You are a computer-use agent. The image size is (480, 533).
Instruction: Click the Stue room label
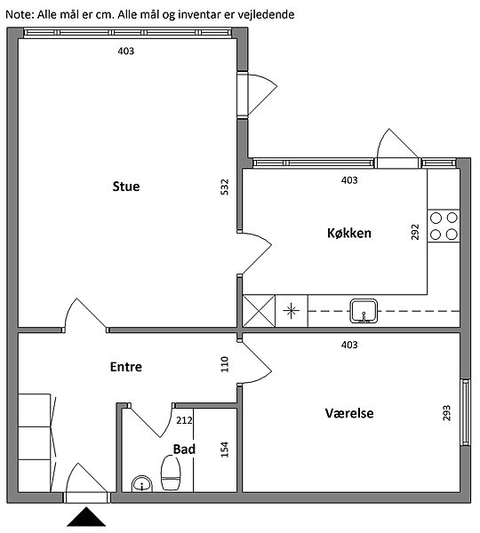click(126, 187)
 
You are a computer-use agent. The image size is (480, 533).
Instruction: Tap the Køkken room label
click(349, 233)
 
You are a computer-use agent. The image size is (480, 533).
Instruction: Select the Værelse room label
click(349, 413)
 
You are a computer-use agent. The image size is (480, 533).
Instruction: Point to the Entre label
click(126, 367)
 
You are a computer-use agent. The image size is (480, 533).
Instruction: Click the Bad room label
click(184, 449)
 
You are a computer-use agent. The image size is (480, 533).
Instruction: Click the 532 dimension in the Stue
click(225, 187)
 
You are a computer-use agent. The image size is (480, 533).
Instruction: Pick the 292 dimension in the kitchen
click(415, 232)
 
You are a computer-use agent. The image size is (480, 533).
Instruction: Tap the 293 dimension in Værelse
click(446, 413)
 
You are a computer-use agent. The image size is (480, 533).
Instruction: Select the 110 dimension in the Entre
click(225, 364)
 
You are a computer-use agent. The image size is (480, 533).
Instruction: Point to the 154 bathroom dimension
click(225, 449)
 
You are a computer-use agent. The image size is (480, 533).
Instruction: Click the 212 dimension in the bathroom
click(184, 420)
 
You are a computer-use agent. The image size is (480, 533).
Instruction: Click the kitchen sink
click(364, 311)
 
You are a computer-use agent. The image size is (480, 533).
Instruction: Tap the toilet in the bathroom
click(171, 473)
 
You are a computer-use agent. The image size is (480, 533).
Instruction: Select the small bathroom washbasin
click(142, 484)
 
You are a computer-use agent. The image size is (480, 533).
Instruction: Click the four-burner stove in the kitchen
click(444, 226)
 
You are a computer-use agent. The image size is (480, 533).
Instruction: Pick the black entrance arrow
click(86, 517)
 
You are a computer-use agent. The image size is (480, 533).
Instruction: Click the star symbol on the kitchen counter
click(292, 311)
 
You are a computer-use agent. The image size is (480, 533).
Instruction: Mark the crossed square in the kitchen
click(259, 311)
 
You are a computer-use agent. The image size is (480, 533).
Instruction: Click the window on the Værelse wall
click(465, 412)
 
